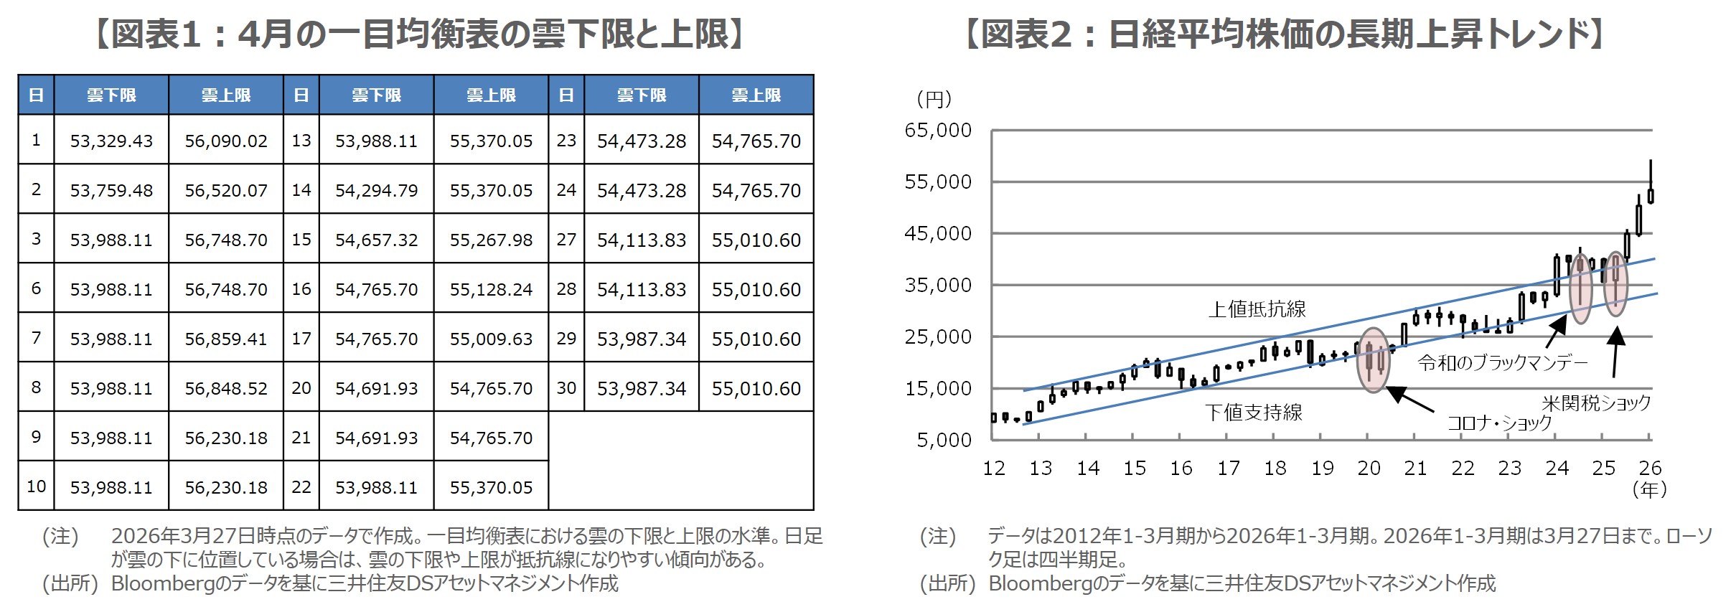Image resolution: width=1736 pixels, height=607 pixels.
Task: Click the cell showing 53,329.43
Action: [x=111, y=141]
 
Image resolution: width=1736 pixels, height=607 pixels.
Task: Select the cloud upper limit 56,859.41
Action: [x=226, y=339]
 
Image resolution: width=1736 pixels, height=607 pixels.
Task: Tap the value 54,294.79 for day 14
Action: [x=376, y=190]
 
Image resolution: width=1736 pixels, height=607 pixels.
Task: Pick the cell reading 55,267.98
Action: [x=491, y=240]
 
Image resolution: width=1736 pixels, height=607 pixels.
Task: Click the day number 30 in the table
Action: [x=566, y=388]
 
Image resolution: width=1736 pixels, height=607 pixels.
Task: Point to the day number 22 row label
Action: [x=301, y=487]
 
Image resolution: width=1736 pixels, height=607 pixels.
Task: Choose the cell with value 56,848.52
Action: [x=226, y=388]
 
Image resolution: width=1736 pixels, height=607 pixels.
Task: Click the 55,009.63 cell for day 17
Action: [x=491, y=339]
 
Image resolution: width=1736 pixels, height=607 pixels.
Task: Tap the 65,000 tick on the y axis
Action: [x=937, y=131]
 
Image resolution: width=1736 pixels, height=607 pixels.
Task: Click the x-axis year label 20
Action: [x=1369, y=469]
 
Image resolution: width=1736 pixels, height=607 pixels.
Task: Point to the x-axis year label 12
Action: [x=993, y=469]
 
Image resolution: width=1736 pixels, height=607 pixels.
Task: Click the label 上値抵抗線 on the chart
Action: [x=1257, y=309]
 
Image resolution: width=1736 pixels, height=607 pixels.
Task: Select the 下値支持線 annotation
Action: [x=1253, y=413]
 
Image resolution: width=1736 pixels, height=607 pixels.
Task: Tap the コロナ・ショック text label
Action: [x=1498, y=423]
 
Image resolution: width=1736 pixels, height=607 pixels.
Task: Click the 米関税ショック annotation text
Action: [x=1596, y=403]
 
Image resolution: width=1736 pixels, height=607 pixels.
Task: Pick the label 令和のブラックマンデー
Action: [x=1502, y=363]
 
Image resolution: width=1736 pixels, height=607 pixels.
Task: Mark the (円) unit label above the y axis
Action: [x=934, y=99]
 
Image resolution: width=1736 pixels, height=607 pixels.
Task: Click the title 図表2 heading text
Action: [x=1284, y=34]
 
